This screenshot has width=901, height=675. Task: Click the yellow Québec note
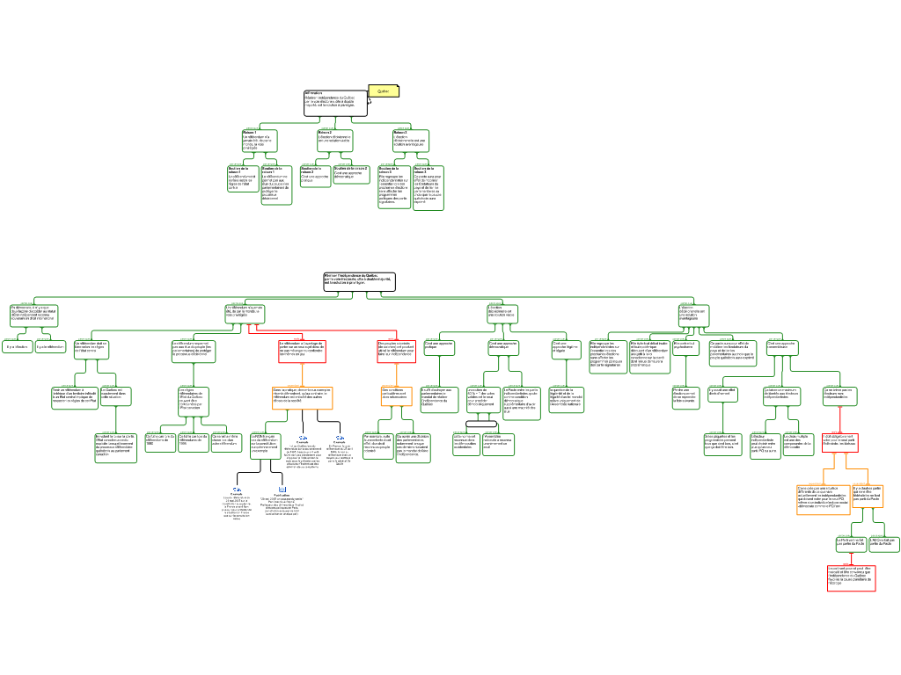tap(383, 91)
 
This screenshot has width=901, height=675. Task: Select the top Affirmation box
tap(334, 103)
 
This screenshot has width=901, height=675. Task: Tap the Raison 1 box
tap(260, 141)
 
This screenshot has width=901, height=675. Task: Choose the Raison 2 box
tap(334, 139)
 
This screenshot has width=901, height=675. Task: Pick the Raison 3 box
tap(411, 141)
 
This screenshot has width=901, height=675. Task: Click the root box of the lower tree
tap(359, 281)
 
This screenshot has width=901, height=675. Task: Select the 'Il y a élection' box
tap(17, 347)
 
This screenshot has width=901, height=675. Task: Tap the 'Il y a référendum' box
tap(50, 347)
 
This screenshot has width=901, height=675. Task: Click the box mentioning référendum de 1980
tap(160, 441)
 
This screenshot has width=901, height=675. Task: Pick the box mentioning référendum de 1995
tap(194, 441)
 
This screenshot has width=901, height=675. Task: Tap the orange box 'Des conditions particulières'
tap(396, 396)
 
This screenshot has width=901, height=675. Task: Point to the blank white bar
tap(481, 425)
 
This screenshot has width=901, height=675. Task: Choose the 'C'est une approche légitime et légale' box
tap(567, 349)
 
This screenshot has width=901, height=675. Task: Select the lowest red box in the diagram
tap(851, 577)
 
